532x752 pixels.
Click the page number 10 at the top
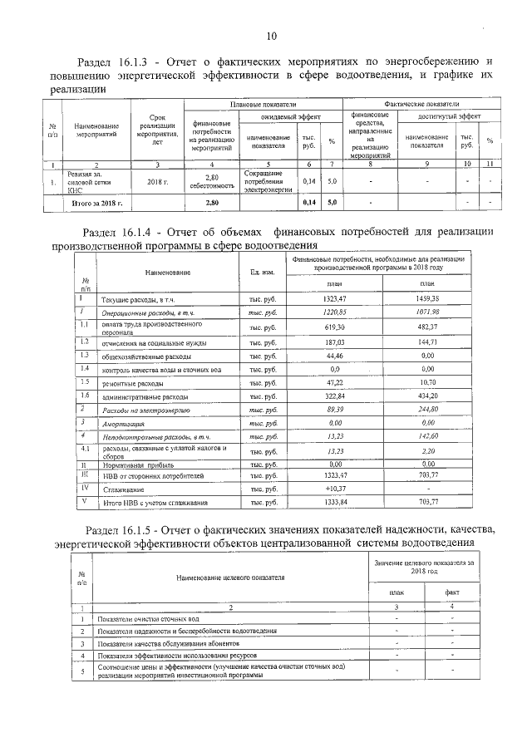tap(271, 36)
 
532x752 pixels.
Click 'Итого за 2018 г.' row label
tap(97, 202)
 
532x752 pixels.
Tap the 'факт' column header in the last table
tap(452, 592)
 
